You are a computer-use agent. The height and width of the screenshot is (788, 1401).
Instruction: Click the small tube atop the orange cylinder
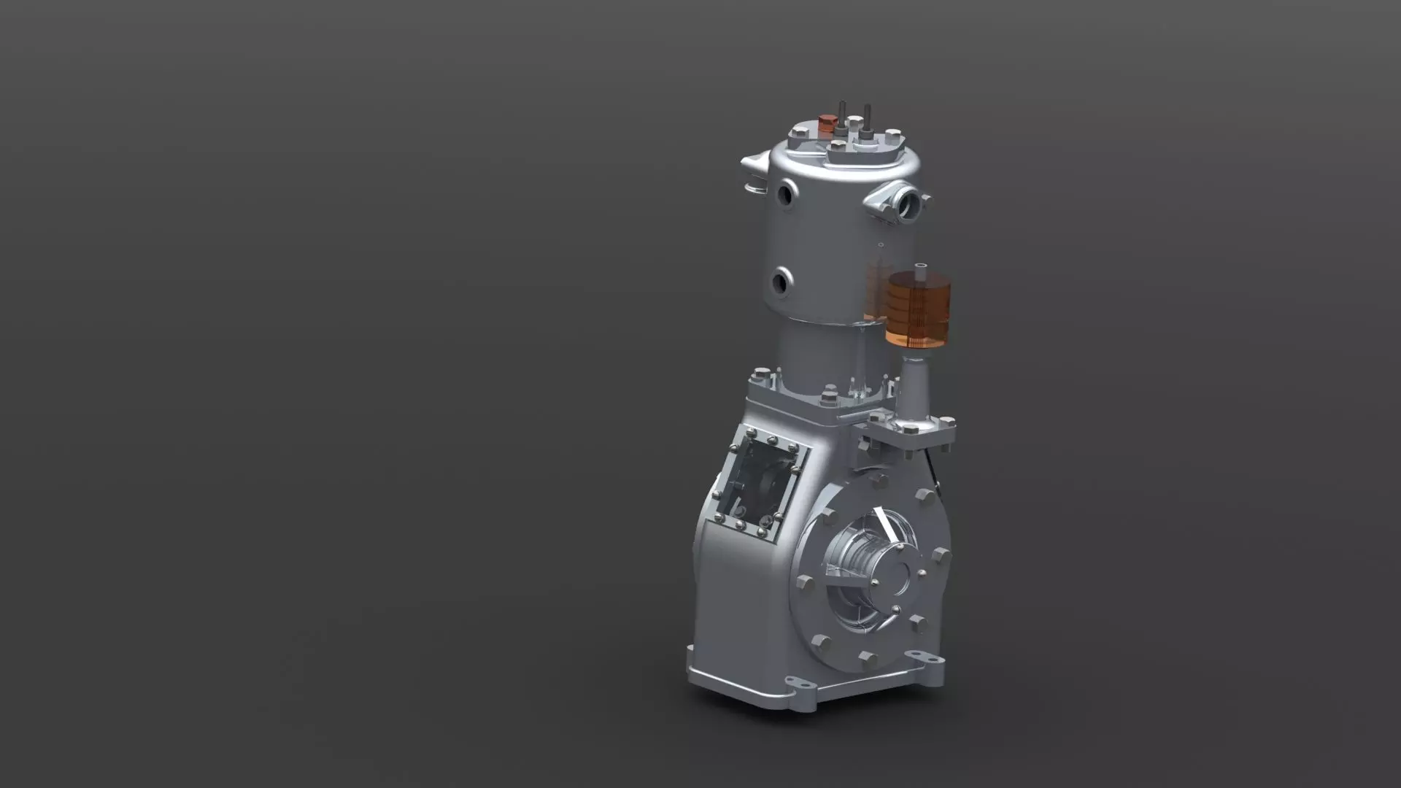coord(920,271)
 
